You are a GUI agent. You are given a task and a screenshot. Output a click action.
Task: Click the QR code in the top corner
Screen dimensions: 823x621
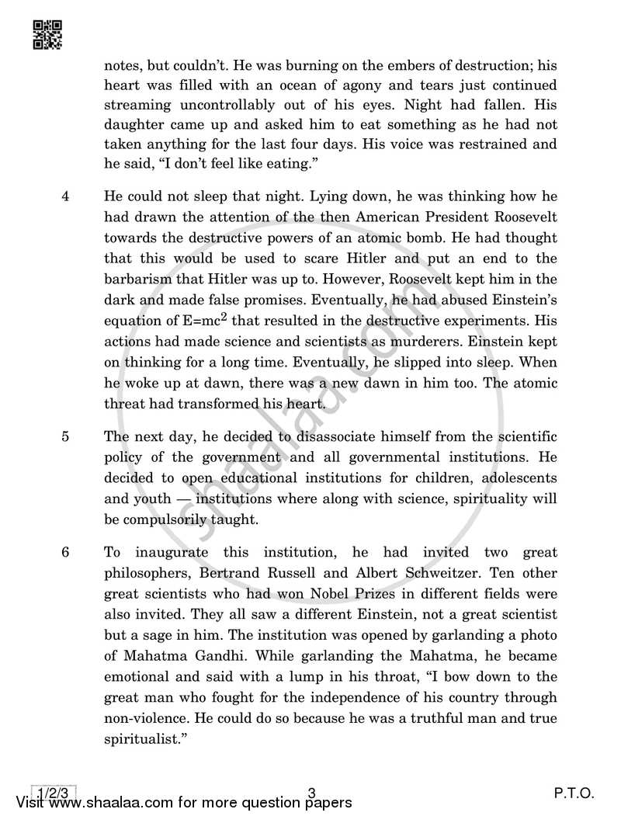click(x=47, y=33)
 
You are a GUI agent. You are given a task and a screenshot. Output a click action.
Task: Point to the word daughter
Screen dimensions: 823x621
click(x=133, y=124)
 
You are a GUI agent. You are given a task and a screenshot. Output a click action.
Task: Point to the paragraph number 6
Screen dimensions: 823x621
click(x=66, y=553)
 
